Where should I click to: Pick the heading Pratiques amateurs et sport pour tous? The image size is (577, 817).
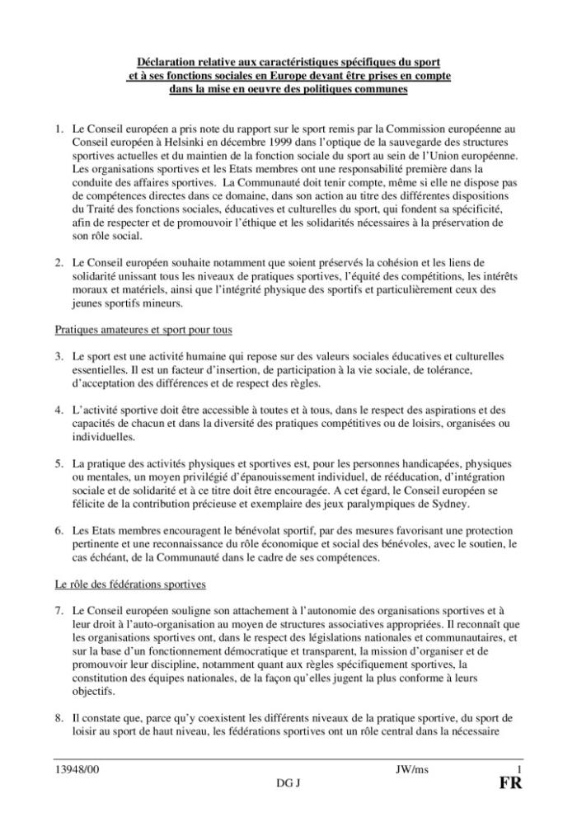pyautogui.click(x=142, y=330)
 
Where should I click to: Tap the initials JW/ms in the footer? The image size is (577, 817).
pyautogui.click(x=411, y=769)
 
